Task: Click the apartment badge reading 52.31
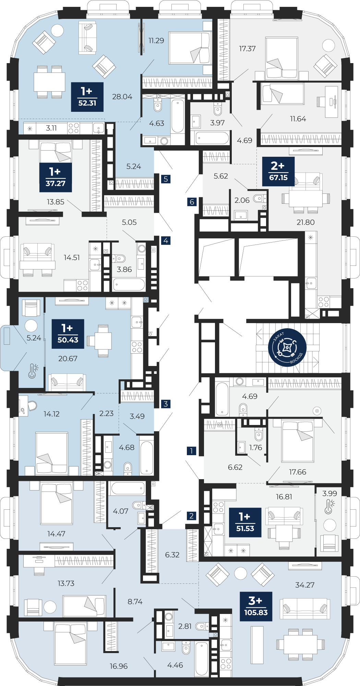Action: pyautogui.click(x=87, y=97)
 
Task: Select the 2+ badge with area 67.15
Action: pyautogui.click(x=278, y=171)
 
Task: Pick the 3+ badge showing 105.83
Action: pyautogui.click(x=256, y=606)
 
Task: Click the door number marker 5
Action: pyautogui.click(x=166, y=179)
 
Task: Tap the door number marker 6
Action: pyautogui.click(x=192, y=202)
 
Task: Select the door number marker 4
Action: pyautogui.click(x=166, y=240)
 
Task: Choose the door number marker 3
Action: pyautogui.click(x=166, y=404)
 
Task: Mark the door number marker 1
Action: pyautogui.click(x=192, y=451)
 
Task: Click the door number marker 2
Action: pyautogui.click(x=192, y=516)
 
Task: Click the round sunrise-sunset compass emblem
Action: pyautogui.click(x=287, y=347)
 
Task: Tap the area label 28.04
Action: pyautogui.click(x=122, y=97)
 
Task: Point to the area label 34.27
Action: pyautogui.click(x=305, y=585)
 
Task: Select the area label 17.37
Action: pyautogui.click(x=248, y=49)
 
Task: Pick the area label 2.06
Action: pyautogui.click(x=242, y=200)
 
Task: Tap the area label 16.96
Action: pyautogui.click(x=119, y=666)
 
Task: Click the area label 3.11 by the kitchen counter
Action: pyautogui.click(x=51, y=128)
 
